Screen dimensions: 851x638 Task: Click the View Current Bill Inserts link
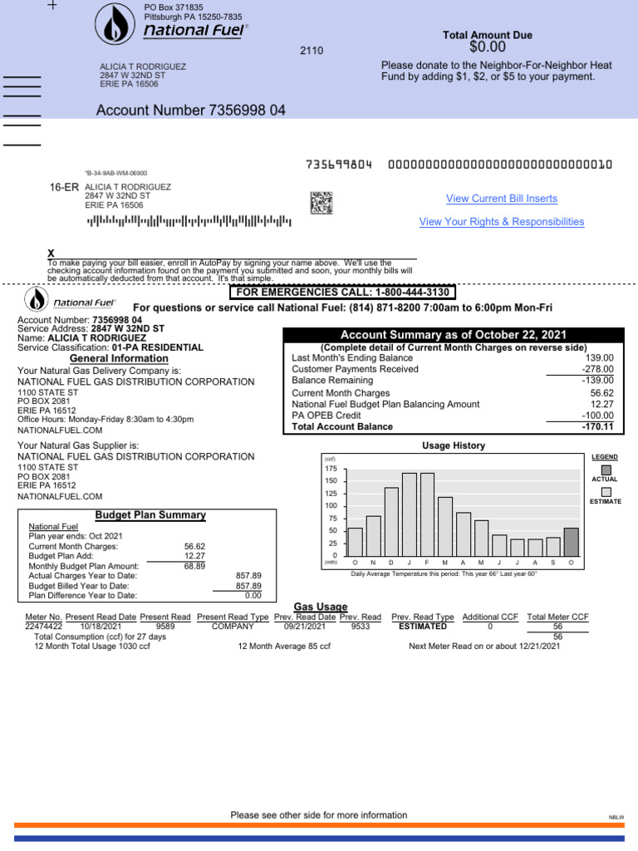pyautogui.click(x=501, y=199)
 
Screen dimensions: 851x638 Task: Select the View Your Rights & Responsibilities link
pyautogui.click(x=501, y=222)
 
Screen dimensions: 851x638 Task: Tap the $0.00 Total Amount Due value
pyautogui.click(x=487, y=48)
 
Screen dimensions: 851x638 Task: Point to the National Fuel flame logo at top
pyautogui.click(x=112, y=24)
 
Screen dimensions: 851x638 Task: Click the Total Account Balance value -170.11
pyautogui.click(x=597, y=427)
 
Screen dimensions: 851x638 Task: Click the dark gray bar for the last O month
pyautogui.click(x=571, y=541)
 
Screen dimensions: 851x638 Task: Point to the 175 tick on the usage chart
pyautogui.click(x=331, y=470)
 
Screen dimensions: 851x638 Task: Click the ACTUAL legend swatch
pyautogui.click(x=606, y=470)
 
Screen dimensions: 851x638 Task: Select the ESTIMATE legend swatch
pyautogui.click(x=606, y=492)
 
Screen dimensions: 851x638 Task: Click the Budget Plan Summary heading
pyautogui.click(x=150, y=515)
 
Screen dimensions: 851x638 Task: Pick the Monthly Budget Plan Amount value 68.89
pyautogui.click(x=194, y=566)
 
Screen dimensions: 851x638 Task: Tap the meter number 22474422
pyautogui.click(x=44, y=627)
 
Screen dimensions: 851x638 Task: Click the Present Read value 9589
pyautogui.click(x=165, y=627)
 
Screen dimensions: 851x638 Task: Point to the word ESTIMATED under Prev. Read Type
pyautogui.click(x=422, y=627)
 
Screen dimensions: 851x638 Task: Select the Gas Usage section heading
pyautogui.click(x=321, y=607)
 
